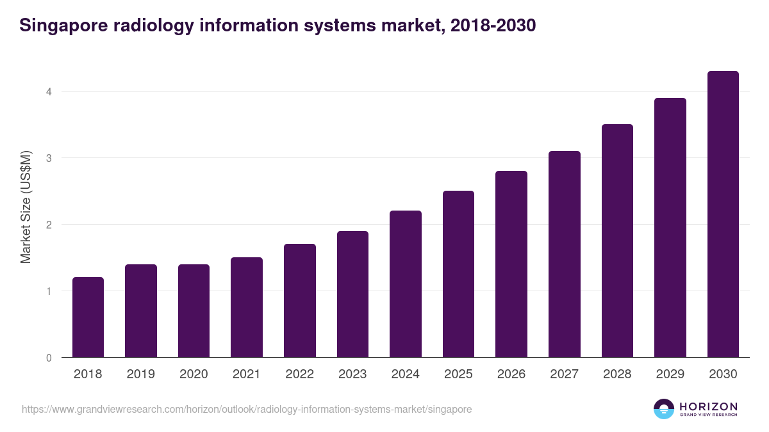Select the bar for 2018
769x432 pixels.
(x=88, y=317)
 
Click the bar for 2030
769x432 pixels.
(x=723, y=214)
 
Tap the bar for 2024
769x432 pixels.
(x=406, y=284)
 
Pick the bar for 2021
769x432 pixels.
(x=247, y=307)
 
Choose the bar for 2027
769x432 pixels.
(x=565, y=254)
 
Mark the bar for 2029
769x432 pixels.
(x=670, y=228)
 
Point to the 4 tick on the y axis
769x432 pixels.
(x=48, y=92)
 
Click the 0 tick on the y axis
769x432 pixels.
(x=48, y=358)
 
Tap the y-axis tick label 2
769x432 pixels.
(x=48, y=225)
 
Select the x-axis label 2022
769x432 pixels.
(x=299, y=374)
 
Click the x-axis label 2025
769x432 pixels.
(x=458, y=374)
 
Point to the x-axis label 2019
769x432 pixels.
(x=140, y=374)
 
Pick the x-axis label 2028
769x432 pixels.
(x=617, y=374)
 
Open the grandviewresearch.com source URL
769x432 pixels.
(x=247, y=409)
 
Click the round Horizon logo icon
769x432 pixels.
(x=664, y=409)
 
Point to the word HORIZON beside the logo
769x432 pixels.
(x=708, y=406)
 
